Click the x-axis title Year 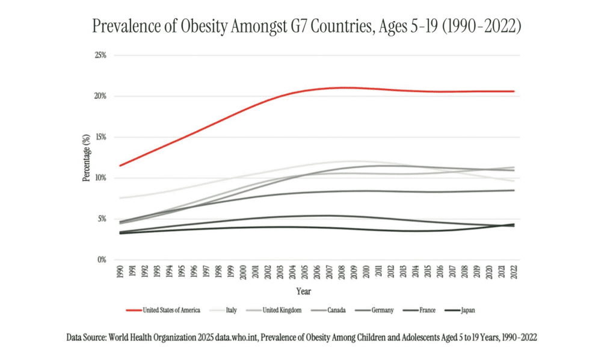point(304,291)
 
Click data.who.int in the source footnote point(242,338)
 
